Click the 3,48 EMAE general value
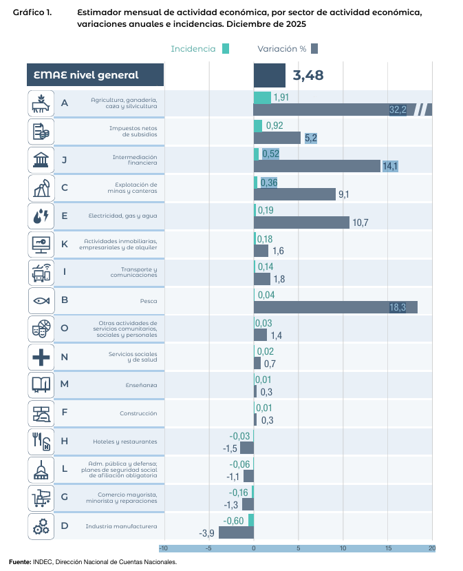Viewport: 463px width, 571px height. point(308,75)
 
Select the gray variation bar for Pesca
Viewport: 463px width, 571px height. point(335,307)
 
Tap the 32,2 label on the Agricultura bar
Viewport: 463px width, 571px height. point(398,110)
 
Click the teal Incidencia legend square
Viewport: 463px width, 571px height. point(226,49)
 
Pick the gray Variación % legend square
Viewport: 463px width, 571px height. point(314,49)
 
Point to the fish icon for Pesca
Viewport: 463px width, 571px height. point(41,300)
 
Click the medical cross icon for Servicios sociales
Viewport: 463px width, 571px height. point(41,357)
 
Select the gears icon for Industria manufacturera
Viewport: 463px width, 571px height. point(41,526)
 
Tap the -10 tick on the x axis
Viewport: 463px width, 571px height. point(163,548)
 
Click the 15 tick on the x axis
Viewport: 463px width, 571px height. point(388,548)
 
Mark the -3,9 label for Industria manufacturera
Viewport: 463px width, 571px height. point(206,533)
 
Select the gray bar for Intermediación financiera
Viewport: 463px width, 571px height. point(316,166)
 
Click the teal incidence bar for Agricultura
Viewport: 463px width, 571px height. point(262,97)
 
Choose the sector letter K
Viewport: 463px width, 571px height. point(65,244)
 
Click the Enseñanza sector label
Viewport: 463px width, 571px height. point(142,384)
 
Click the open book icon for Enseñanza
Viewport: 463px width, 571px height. point(41,385)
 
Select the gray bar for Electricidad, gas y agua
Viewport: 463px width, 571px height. point(301,222)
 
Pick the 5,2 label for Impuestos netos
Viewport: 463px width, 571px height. point(310,138)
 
